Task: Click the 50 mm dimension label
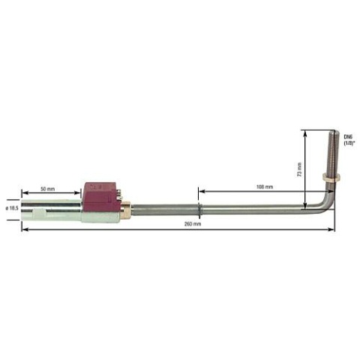pyautogui.click(x=47, y=188)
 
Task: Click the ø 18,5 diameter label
pyautogui.click(x=11, y=208)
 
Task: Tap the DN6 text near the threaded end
pyautogui.click(x=347, y=136)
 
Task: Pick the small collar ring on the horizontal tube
pyautogui.click(x=199, y=210)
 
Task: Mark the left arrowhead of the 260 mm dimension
pyautogui.click(x=24, y=230)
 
